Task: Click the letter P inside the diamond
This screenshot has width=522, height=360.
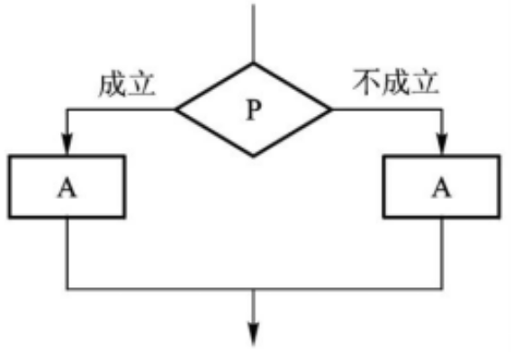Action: (254, 110)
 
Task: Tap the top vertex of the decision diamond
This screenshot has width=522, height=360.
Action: (253, 63)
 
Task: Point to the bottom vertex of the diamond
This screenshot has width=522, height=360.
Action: (253, 156)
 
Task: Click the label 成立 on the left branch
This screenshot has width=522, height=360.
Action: (127, 84)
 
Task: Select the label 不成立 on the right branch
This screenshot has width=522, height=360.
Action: (395, 82)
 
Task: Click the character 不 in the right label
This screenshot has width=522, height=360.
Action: (367, 82)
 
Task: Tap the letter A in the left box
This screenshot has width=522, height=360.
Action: (67, 187)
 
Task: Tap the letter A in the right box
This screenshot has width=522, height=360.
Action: (442, 187)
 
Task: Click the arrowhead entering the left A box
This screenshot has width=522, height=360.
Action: (67, 144)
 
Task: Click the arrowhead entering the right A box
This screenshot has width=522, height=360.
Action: (442, 144)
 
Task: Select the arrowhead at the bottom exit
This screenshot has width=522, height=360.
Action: (254, 334)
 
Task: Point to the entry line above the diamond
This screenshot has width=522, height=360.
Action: (253, 33)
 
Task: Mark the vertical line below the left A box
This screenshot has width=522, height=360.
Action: (67, 254)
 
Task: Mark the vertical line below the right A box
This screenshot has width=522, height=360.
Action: (442, 254)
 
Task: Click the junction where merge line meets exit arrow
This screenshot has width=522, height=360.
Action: (254, 289)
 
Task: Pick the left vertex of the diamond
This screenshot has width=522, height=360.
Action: (175, 109)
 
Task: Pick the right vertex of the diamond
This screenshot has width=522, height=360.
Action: (331, 109)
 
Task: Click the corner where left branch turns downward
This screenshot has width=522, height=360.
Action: (67, 109)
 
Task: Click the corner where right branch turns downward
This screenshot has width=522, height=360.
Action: (442, 109)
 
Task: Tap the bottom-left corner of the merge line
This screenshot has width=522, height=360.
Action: (67, 289)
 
